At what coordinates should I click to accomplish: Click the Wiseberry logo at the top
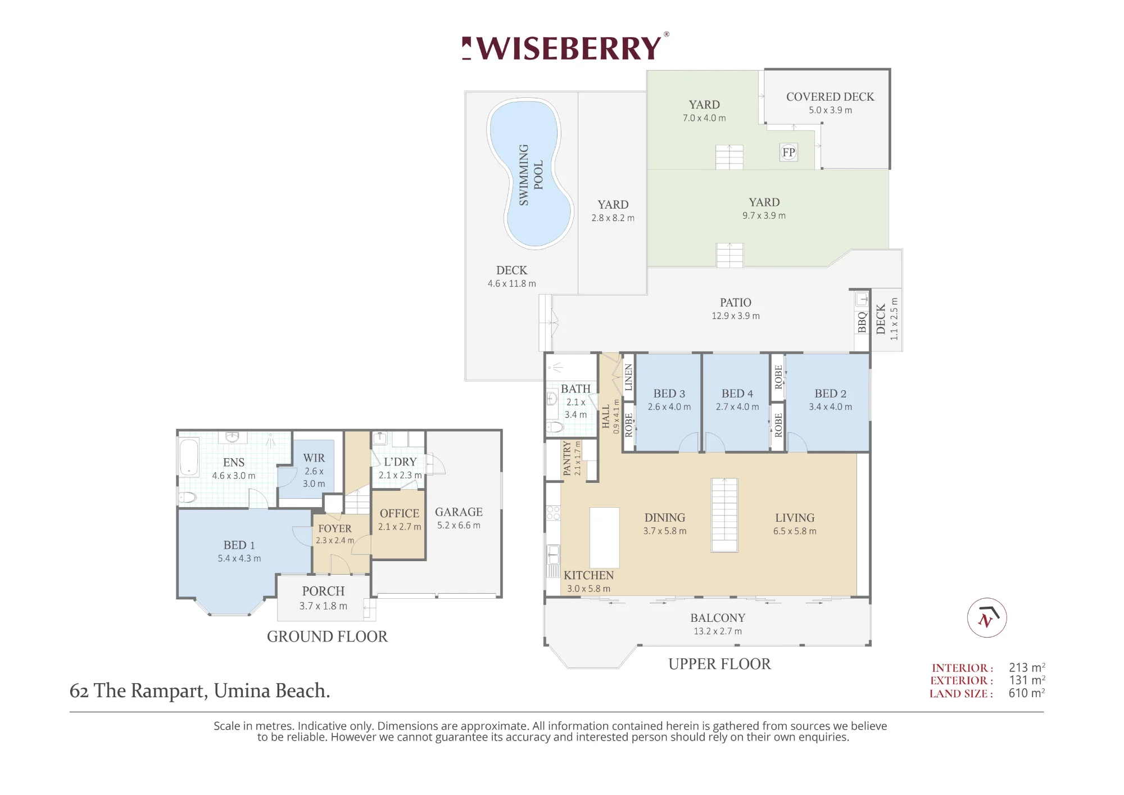tap(565, 47)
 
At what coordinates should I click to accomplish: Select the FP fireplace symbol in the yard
tap(788, 152)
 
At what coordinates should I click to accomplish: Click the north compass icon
tap(987, 617)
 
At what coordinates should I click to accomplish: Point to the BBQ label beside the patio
tap(862, 322)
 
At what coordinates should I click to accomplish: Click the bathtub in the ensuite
tap(189, 457)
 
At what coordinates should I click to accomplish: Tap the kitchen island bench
tap(604, 537)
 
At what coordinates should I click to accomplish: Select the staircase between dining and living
tap(724, 515)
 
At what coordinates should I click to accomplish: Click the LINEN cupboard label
tap(629, 377)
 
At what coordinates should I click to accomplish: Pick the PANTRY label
tap(567, 458)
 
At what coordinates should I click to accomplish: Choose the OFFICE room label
tap(400, 513)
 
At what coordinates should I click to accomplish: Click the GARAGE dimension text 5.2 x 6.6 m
tap(459, 526)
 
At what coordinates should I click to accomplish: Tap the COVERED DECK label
tap(830, 97)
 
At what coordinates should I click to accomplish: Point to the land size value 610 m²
tap(1027, 693)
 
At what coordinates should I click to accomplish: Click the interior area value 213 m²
tap(1027, 667)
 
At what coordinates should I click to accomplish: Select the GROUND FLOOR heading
tap(327, 636)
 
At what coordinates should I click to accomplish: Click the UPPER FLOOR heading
tap(719, 664)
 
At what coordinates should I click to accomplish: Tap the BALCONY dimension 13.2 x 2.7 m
tap(718, 631)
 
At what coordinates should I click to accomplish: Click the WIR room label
tap(314, 458)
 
